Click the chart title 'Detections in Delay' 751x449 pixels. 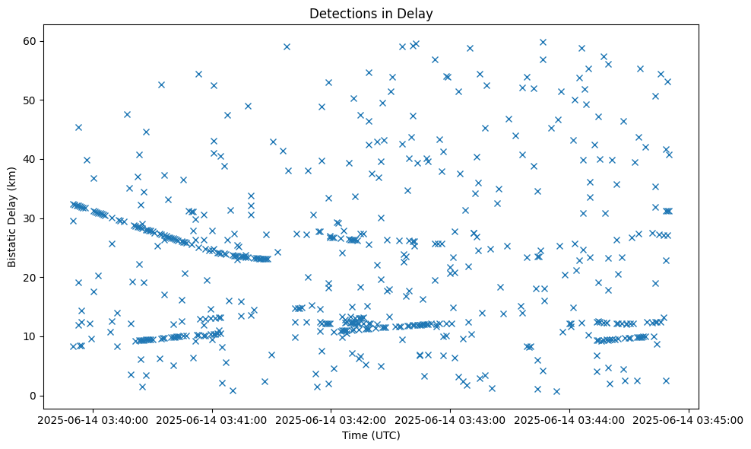click(x=371, y=13)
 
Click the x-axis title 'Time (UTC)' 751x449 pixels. click(x=371, y=436)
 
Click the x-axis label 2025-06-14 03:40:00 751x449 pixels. click(x=93, y=419)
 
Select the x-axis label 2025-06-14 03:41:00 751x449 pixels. click(x=213, y=419)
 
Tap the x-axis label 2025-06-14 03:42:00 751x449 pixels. click(x=331, y=419)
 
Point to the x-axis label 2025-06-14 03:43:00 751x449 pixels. click(x=451, y=419)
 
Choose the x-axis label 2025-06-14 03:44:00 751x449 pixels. click(x=569, y=419)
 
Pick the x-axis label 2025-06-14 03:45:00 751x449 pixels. click(x=689, y=419)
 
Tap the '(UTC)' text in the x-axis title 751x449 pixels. click(x=385, y=436)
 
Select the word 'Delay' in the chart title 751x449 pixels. click(x=417, y=13)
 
